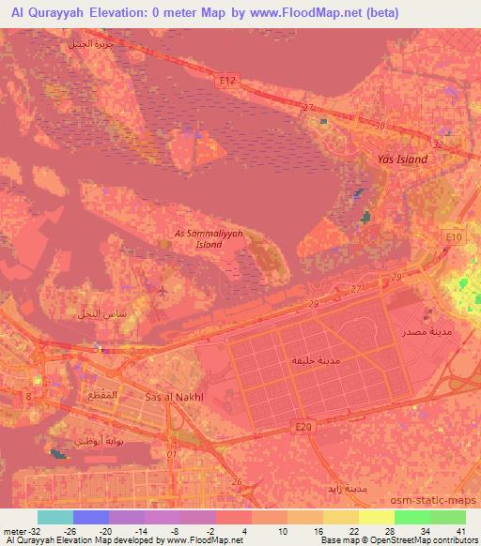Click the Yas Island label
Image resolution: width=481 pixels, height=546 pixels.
[x=401, y=159]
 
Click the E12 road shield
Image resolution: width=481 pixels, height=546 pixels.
[x=225, y=82]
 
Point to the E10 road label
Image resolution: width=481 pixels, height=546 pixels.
[x=455, y=237]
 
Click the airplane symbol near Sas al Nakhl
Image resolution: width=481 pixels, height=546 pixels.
[x=163, y=290]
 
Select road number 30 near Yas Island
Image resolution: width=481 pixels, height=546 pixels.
[x=380, y=126]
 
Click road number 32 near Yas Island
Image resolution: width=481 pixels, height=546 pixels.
[x=438, y=144]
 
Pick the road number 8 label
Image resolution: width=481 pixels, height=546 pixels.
[x=28, y=399]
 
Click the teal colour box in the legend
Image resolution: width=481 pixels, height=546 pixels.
[x=54, y=517]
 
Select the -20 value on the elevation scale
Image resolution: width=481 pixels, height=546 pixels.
[x=107, y=530]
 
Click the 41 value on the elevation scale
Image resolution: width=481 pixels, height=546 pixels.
[x=459, y=530]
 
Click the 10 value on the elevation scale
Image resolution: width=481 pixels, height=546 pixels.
[x=283, y=530]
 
